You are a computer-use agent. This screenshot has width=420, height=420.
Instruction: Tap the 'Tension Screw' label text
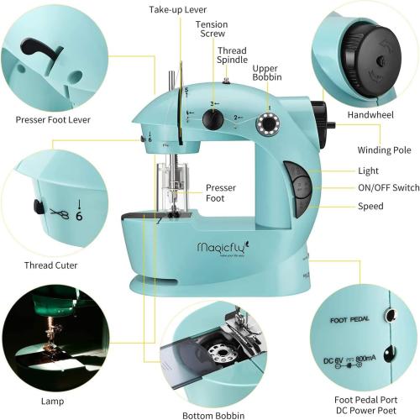[212, 30]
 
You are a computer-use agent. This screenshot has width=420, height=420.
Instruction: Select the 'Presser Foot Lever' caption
[54, 119]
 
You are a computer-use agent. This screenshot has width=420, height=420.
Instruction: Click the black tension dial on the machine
[215, 119]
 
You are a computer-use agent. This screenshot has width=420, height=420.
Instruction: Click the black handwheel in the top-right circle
[370, 59]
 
